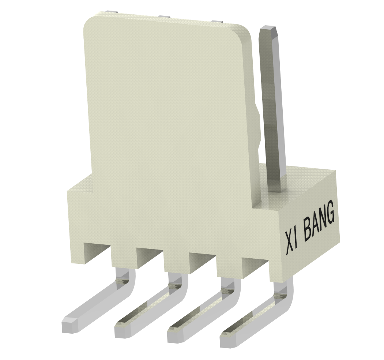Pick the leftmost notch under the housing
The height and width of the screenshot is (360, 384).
tap(97, 252)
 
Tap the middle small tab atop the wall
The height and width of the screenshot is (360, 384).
tap(165, 17)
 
